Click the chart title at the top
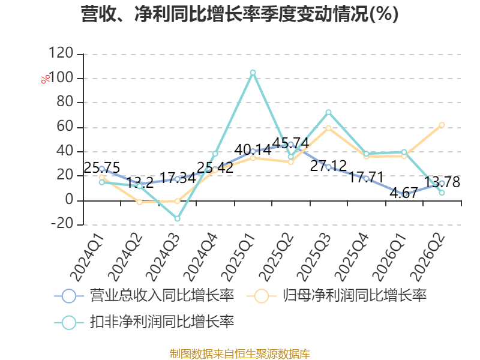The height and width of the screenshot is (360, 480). (239, 14)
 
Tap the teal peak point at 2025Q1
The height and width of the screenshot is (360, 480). (253, 73)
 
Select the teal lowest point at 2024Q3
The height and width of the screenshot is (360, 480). (177, 218)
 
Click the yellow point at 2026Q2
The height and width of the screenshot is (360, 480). (442, 125)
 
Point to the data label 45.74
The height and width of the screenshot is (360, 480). (290, 143)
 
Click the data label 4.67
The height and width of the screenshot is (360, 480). (404, 193)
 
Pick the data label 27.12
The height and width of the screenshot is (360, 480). (328, 166)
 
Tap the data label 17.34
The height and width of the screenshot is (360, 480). (178, 178)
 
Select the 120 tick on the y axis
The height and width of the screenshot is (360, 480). (61, 53)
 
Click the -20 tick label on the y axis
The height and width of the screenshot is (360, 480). (62, 223)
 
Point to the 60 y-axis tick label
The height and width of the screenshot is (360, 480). (65, 126)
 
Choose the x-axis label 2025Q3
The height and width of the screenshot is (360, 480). (314, 257)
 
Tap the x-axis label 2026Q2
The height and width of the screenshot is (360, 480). (428, 257)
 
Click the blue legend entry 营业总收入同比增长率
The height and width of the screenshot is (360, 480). (144, 296)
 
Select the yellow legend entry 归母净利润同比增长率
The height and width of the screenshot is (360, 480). (337, 296)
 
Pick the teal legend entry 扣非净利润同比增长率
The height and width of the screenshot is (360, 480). (144, 322)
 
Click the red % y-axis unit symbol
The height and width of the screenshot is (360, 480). (46, 79)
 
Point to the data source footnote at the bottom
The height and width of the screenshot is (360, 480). (240, 354)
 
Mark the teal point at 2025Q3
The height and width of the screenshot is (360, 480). (328, 112)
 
